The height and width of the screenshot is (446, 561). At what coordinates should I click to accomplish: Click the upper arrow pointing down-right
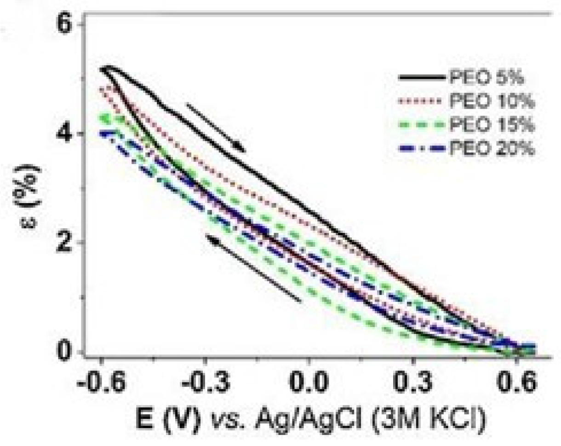click(x=216, y=127)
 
